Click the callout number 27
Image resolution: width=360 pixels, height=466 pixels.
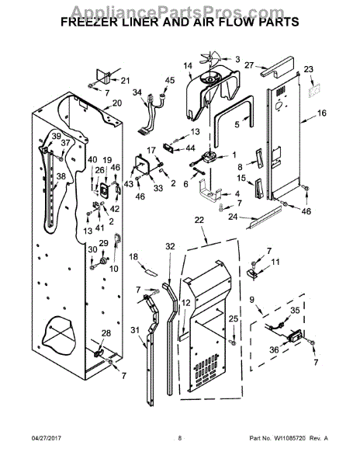click(249, 66)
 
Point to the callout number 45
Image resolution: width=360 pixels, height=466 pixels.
click(170, 81)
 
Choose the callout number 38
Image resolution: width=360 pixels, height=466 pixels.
click(40, 177)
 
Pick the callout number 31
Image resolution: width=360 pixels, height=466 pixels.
click(136, 331)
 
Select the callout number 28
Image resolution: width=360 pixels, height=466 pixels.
click(106, 333)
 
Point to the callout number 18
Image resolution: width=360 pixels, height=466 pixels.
click(133, 256)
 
